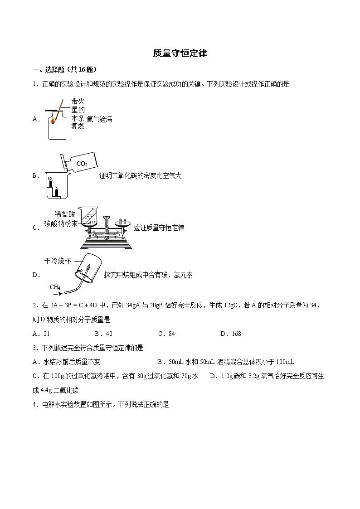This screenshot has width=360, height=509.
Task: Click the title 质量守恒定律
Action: [180, 53]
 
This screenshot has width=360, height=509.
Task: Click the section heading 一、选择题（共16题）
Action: [64, 69]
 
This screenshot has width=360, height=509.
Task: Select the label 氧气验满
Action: [99, 119]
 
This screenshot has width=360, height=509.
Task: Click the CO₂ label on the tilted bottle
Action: [82, 164]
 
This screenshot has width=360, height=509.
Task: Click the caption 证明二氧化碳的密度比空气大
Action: [140, 176]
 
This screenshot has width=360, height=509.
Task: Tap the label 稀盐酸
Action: [65, 214]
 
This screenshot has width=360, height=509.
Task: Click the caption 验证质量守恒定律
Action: [159, 228]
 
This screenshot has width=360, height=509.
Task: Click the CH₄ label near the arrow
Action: [55, 287]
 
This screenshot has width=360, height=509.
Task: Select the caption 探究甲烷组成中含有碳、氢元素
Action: [148, 274]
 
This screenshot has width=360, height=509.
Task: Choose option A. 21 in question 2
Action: [41, 334]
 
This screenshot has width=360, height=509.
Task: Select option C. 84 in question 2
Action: [166, 334]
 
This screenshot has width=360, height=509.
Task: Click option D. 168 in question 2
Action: [230, 334]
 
